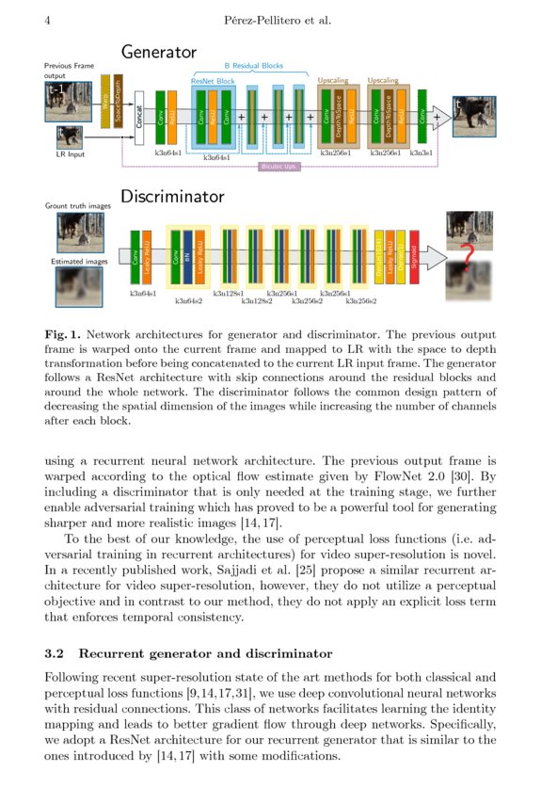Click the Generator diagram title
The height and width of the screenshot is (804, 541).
click(x=158, y=52)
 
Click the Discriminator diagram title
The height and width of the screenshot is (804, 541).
click(x=172, y=197)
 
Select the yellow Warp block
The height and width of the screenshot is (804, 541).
click(x=104, y=101)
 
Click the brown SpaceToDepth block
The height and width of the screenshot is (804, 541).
click(x=119, y=101)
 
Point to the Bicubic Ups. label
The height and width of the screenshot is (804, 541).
click(x=278, y=167)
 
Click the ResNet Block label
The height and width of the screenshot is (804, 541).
click(x=213, y=82)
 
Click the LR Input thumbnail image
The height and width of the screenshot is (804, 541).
click(x=67, y=137)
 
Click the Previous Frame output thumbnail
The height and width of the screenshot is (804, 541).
click(x=67, y=100)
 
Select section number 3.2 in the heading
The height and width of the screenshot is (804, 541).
click(x=56, y=653)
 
